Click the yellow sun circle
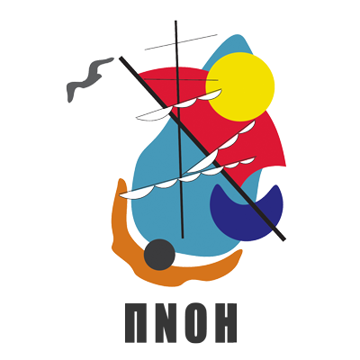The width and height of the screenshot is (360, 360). tap(240, 86)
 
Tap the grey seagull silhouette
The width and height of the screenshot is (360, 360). tap(89, 76)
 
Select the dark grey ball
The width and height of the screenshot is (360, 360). tap(159, 255)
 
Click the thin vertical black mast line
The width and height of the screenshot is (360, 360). tap(179, 129)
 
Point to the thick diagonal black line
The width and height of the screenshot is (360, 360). tap(202, 148)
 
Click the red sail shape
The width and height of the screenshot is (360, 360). tap(228, 132)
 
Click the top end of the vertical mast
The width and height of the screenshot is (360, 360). tap(175, 21)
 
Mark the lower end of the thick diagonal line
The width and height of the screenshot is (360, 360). tap(283, 239)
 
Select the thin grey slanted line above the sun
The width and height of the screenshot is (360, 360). tap(181, 42)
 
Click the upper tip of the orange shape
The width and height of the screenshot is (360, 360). tap(121, 179)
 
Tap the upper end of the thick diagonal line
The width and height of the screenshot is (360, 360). tap(121, 58)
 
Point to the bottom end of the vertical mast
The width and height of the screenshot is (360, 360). tap(183, 238)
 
